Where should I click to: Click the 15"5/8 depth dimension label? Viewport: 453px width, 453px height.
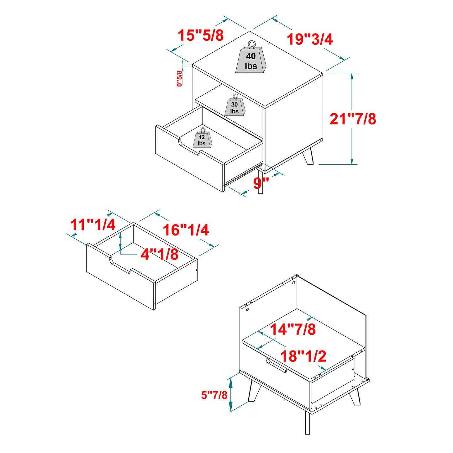(x=201, y=35)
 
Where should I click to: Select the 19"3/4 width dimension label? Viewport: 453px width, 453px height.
(x=310, y=39)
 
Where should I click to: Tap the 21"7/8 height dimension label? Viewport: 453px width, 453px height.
(x=353, y=119)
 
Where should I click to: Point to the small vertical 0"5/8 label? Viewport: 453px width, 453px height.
(x=179, y=78)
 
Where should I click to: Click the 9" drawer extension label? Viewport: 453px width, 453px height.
(x=261, y=183)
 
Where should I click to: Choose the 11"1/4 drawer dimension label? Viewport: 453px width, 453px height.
(x=93, y=225)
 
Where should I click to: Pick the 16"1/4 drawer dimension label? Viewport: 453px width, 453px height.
(x=186, y=230)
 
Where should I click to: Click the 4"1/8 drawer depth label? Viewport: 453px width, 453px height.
(x=160, y=254)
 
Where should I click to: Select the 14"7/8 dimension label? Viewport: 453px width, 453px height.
(x=292, y=329)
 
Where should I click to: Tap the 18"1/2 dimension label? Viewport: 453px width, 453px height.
(x=303, y=356)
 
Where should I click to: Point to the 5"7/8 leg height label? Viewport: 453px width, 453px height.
(x=214, y=395)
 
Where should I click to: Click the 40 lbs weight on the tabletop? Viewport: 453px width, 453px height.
(x=251, y=61)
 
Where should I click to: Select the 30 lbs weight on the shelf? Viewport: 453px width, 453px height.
(x=234, y=108)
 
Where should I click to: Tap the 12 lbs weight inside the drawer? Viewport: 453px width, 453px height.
(x=202, y=140)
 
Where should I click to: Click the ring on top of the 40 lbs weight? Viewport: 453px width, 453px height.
(x=251, y=44)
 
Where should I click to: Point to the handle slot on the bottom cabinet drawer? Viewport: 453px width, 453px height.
(x=276, y=365)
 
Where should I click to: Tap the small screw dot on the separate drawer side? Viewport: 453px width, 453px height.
(x=197, y=270)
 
